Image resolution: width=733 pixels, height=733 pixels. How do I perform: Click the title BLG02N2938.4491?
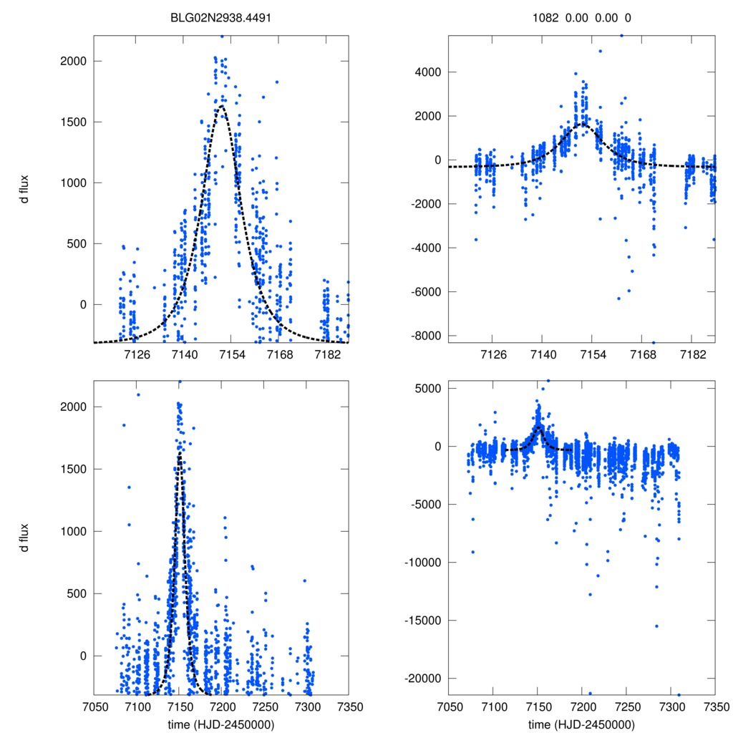220,18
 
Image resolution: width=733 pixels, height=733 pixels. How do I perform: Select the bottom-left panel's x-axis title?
220,724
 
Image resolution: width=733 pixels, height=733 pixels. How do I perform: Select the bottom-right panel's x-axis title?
581,724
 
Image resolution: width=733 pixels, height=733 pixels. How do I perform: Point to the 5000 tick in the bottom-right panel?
427,389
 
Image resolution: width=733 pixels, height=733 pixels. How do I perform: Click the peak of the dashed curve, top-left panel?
222,106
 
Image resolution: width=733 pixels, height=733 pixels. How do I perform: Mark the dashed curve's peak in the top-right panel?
581,124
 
